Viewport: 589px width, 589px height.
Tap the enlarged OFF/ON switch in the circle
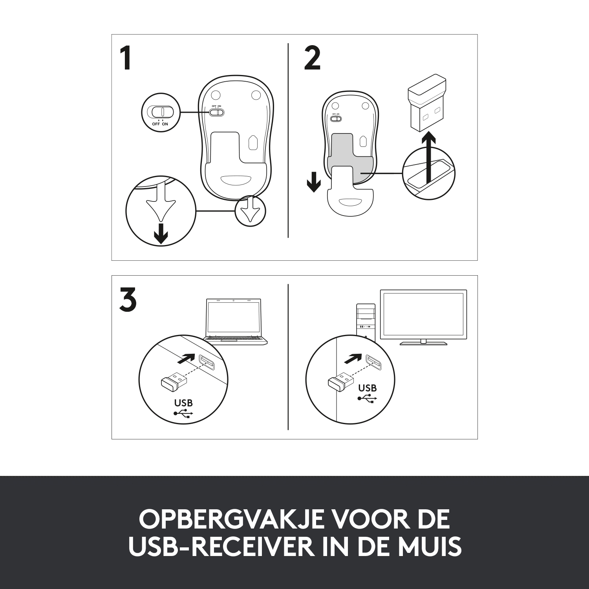(x=160, y=112)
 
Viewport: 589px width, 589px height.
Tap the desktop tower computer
(x=366, y=320)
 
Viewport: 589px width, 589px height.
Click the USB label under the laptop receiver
(x=183, y=403)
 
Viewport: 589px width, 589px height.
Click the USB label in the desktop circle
(x=368, y=388)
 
